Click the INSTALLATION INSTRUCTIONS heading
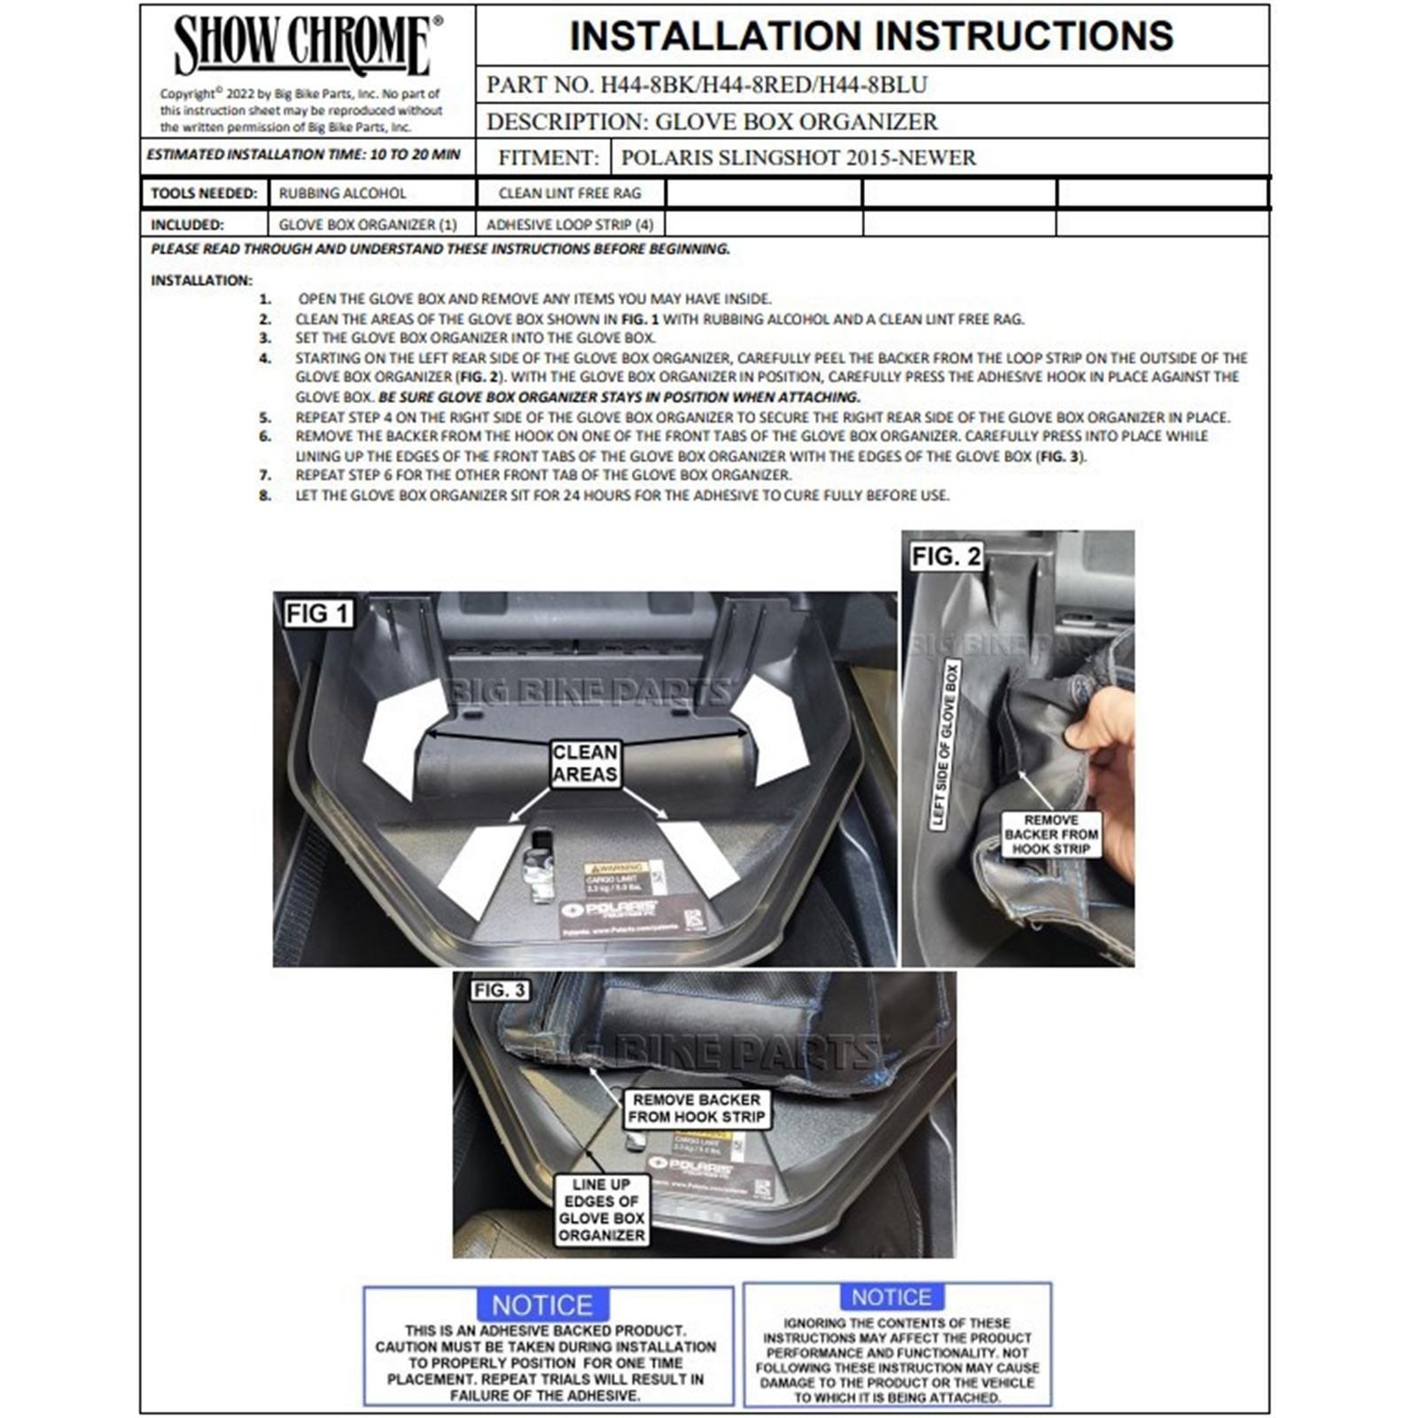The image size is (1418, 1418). click(x=871, y=36)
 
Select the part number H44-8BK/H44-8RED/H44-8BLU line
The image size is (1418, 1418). click(x=706, y=85)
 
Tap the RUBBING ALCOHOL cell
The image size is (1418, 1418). click(x=342, y=193)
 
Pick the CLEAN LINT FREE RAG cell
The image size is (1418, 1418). click(x=570, y=193)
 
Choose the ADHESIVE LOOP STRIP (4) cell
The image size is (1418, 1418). click(x=570, y=225)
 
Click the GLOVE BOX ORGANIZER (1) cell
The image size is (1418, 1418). click(x=368, y=225)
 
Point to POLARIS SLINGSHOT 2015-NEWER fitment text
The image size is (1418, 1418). click(x=798, y=158)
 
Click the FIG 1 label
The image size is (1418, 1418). click(x=317, y=613)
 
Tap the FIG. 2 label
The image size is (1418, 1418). click(x=946, y=557)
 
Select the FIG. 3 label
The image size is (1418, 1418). click(x=499, y=990)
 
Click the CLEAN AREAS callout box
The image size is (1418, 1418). click(x=585, y=763)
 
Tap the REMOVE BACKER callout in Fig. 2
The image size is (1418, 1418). click(x=1051, y=834)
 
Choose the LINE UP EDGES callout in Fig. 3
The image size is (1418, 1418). click(x=601, y=1210)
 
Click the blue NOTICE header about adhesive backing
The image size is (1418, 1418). click(x=542, y=1305)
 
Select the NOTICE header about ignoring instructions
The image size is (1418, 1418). click(x=891, y=1297)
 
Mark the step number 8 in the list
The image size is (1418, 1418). click(x=265, y=495)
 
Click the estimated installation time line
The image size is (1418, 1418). click(x=304, y=154)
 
